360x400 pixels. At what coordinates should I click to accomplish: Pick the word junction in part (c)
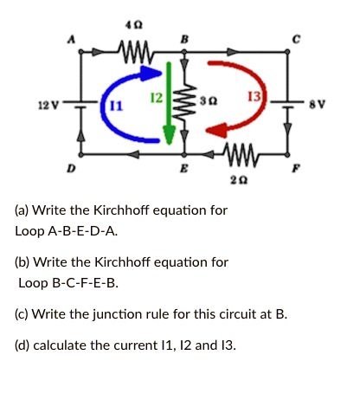click(x=112, y=313)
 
